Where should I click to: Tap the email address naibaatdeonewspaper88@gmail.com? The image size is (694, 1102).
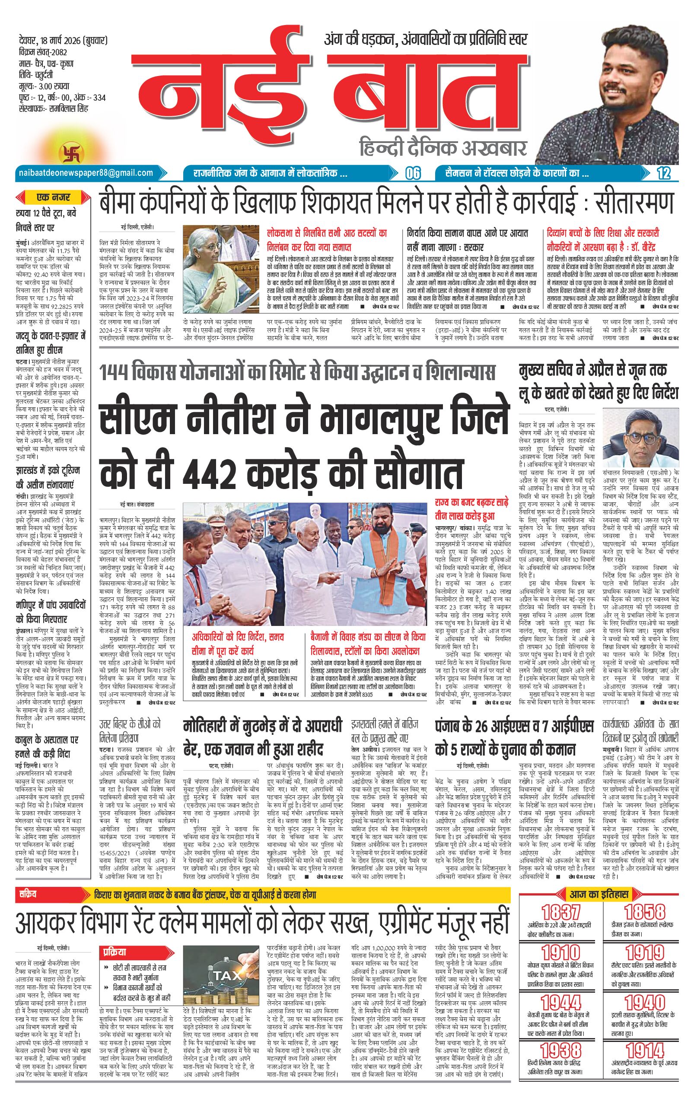[x=86, y=172]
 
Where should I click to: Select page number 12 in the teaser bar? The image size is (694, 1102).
[x=663, y=173]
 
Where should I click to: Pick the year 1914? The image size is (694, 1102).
[x=644, y=1049]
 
